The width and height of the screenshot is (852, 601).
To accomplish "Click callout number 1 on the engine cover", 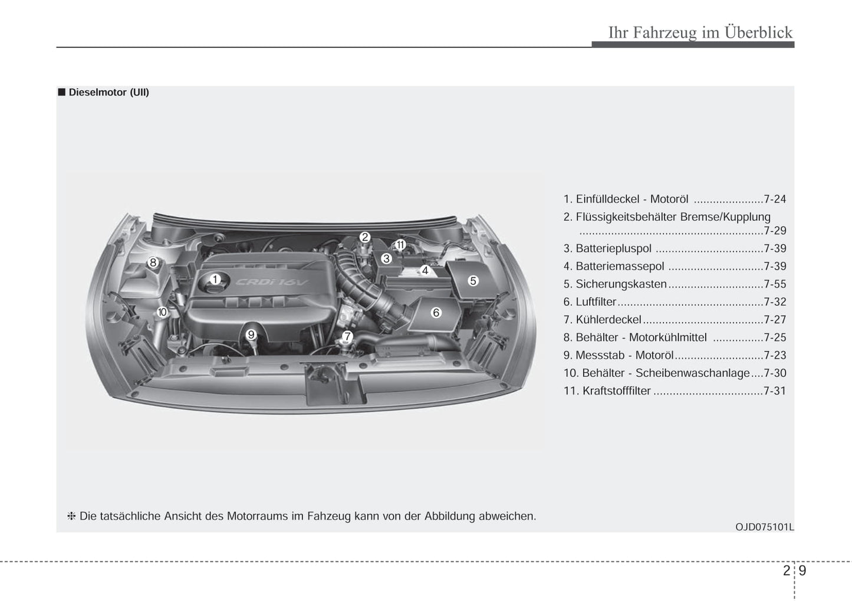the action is click(x=215, y=280).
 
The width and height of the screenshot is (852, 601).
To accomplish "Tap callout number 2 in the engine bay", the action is click(x=365, y=237).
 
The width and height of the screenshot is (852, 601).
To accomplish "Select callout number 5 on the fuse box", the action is click(x=473, y=281).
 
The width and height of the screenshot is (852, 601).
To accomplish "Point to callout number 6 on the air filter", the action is click(x=436, y=313).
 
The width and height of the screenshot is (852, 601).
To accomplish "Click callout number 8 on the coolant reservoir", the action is click(x=153, y=262).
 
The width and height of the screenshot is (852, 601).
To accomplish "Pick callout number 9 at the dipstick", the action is click(x=251, y=335).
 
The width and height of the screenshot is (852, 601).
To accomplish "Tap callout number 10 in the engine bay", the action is click(x=162, y=312).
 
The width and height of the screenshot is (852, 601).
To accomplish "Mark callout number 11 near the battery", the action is click(x=400, y=245).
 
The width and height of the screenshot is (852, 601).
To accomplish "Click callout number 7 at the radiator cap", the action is click(x=347, y=336).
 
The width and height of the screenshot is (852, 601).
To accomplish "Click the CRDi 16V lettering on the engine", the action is click(x=272, y=283).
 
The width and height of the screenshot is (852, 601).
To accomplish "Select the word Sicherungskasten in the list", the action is click(x=621, y=284).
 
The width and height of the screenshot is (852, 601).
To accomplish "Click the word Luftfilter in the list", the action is click(x=596, y=301).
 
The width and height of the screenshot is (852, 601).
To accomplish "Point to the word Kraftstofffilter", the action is click(x=617, y=390).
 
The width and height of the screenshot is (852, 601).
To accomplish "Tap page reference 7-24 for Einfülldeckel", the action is click(x=775, y=199).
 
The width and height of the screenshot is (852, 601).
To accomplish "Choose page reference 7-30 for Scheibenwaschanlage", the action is click(x=775, y=373).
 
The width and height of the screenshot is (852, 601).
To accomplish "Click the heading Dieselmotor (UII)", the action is click(x=108, y=93).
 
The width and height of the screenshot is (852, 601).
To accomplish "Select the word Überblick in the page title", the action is click(x=759, y=32).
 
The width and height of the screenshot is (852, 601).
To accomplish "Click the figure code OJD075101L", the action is click(x=765, y=527).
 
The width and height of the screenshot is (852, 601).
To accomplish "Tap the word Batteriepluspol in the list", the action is click(x=614, y=248).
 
